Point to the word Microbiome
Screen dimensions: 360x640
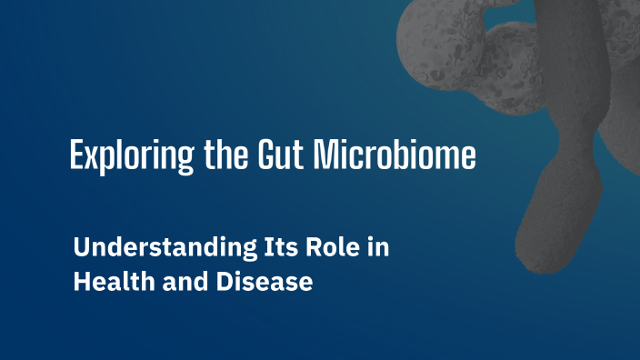394,155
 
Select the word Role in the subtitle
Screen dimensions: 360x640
314,248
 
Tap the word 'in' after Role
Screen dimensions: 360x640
375,248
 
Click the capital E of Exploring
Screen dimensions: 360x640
77,155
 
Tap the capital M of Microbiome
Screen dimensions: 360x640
325,155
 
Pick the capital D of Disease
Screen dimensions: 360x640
221,282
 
